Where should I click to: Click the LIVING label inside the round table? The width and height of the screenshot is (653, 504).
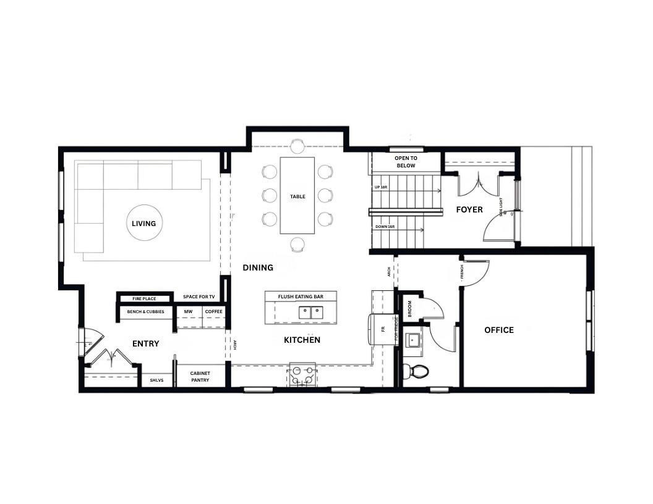click(143, 224)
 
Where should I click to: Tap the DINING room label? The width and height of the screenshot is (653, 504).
click(258, 267)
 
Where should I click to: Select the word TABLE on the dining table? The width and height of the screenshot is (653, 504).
click(297, 196)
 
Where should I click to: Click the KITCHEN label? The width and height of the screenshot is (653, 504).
click(302, 340)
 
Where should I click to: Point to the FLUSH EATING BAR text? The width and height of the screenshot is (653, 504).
click(301, 297)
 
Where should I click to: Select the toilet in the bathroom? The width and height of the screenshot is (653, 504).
click(419, 372)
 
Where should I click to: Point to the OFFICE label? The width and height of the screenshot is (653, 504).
click(498, 330)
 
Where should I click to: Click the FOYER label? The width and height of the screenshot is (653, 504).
click(469, 210)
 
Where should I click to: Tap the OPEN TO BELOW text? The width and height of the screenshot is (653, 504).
click(406, 162)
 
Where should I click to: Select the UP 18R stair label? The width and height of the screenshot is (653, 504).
click(382, 187)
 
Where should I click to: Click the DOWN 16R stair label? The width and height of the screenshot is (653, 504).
click(385, 227)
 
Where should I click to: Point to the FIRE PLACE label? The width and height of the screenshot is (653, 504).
click(144, 299)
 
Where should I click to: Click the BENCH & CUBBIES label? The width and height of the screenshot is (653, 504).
click(146, 312)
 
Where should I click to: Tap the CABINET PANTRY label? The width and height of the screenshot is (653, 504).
click(200, 377)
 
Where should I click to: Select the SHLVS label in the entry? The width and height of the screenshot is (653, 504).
click(156, 380)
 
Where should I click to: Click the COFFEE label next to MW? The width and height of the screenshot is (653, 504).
click(213, 312)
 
